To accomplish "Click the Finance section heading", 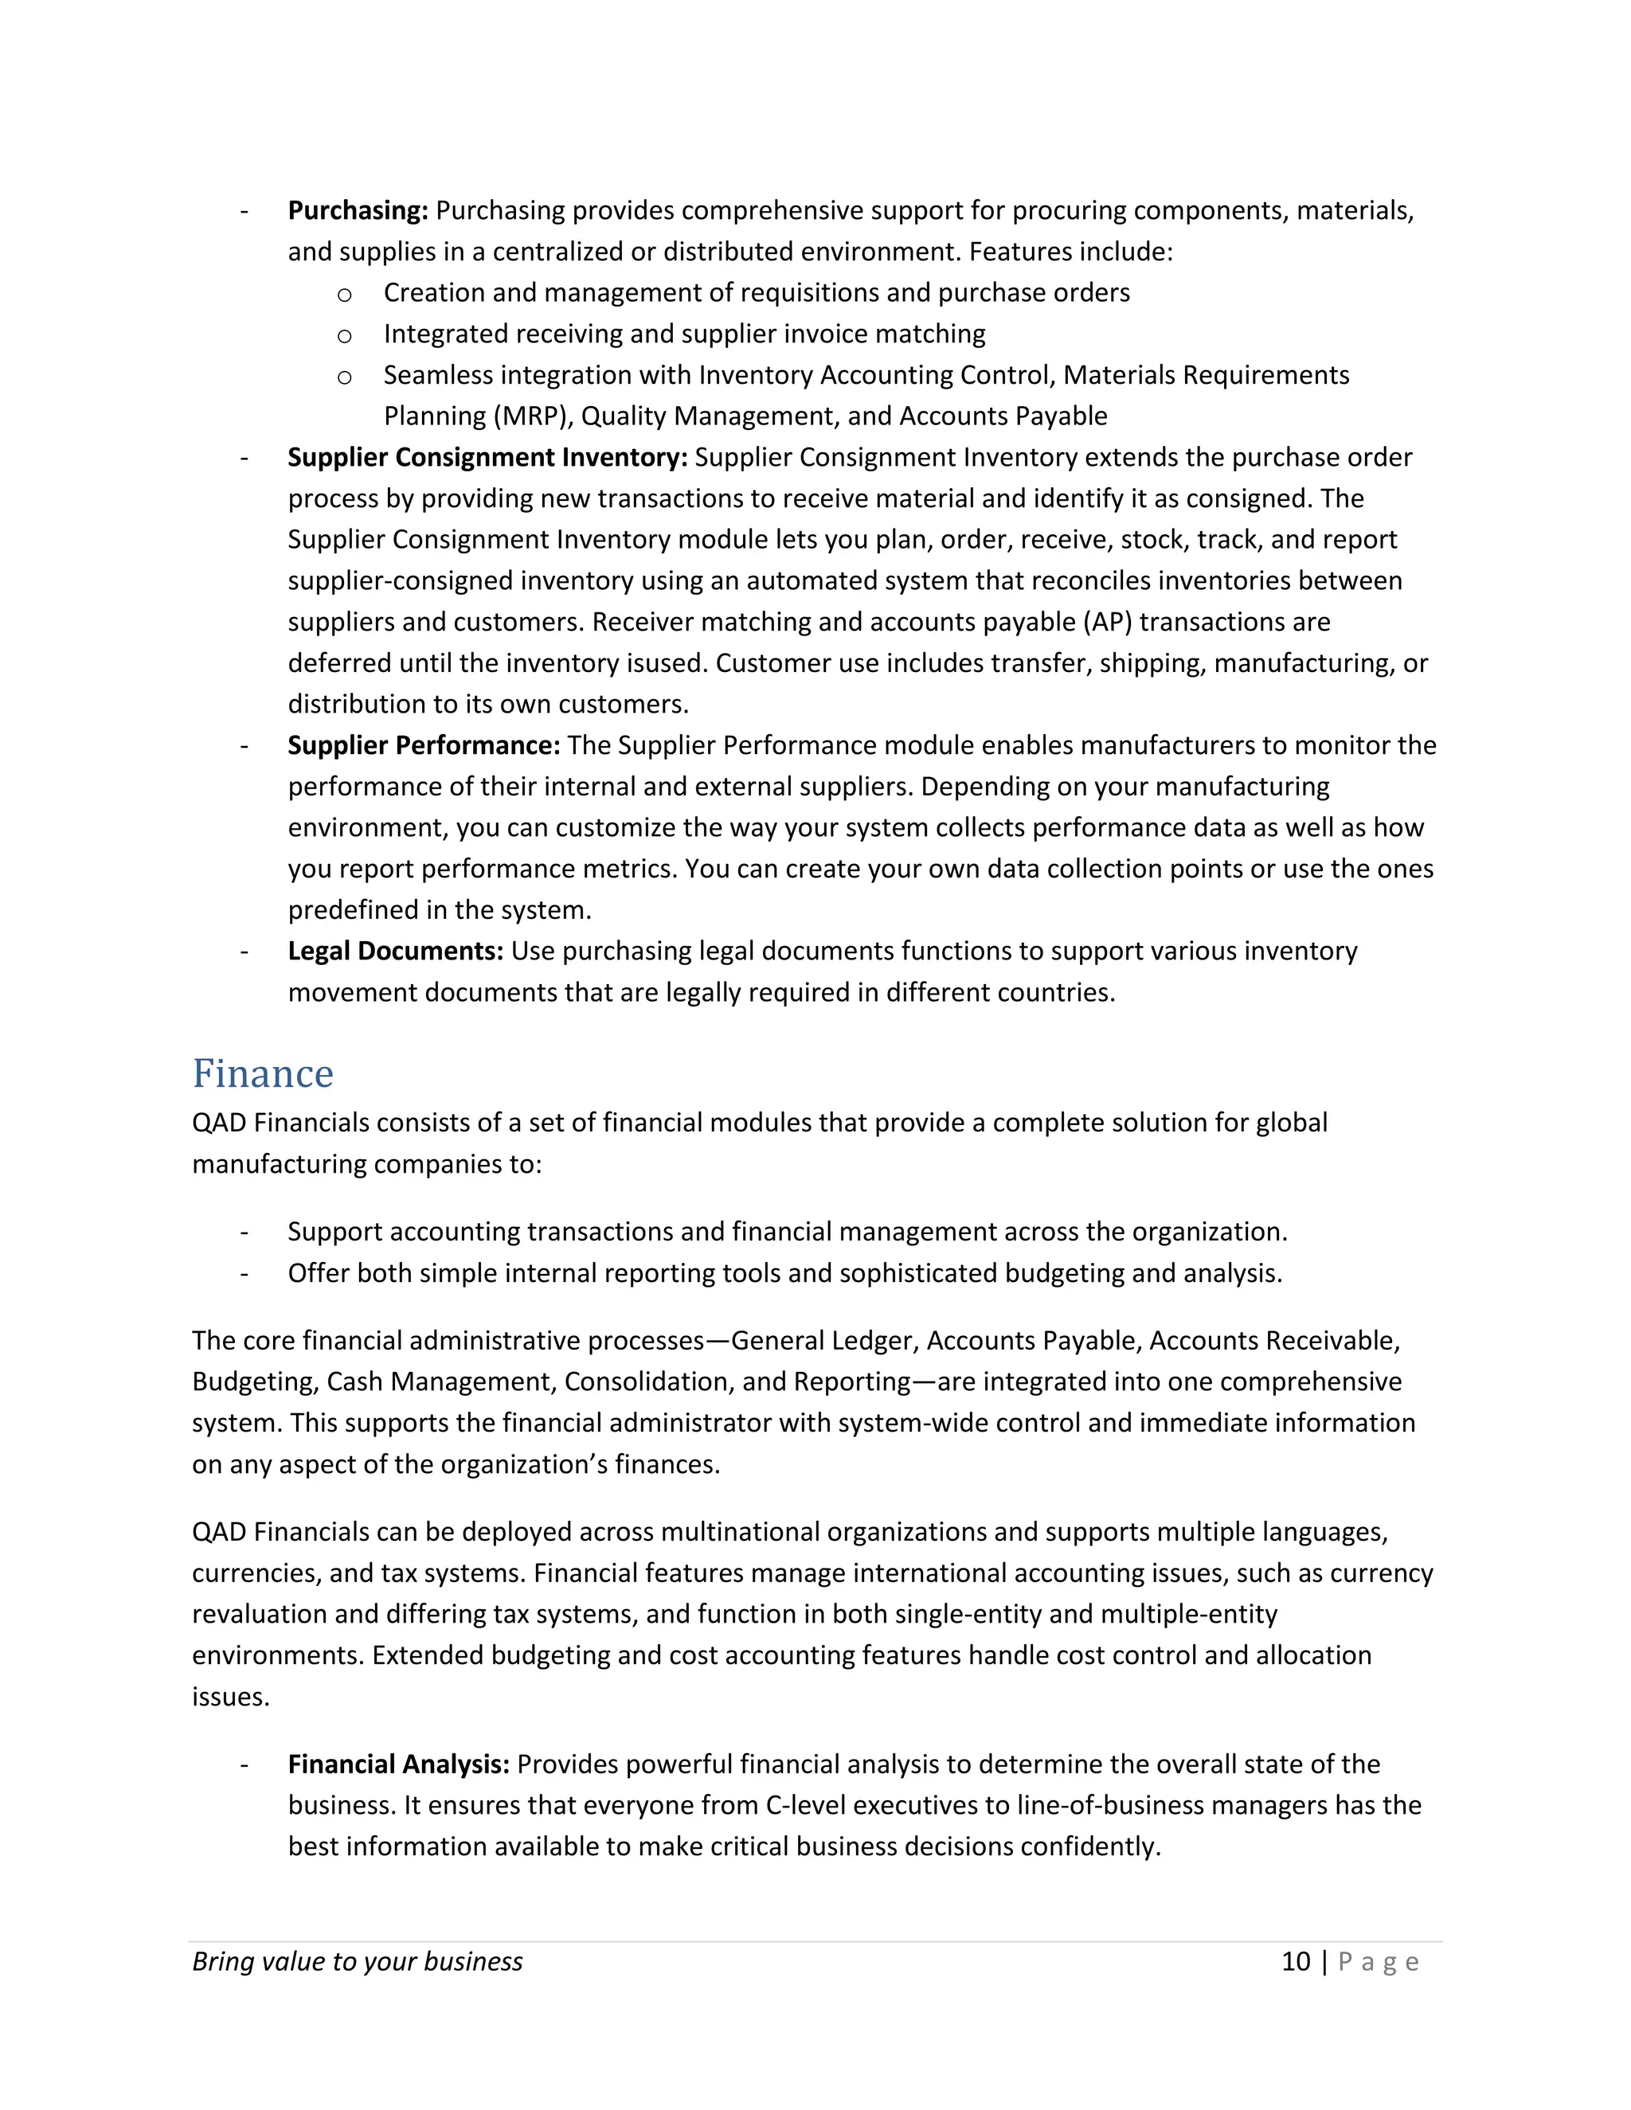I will tap(263, 1074).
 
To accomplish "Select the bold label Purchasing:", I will tap(358, 211).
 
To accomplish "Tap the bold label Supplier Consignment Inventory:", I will tap(487, 457).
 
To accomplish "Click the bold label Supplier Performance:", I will tap(423, 745).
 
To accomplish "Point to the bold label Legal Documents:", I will tap(395, 951).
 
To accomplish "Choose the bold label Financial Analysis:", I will tap(398, 1764).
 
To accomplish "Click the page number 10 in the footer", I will tap(1296, 1961).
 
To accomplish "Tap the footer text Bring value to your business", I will tap(358, 1961).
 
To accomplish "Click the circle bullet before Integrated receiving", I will tap(344, 336).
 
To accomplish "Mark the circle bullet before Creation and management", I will tap(344, 295).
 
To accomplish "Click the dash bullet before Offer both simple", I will tap(244, 1273).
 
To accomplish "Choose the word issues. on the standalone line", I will tap(230, 1698).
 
